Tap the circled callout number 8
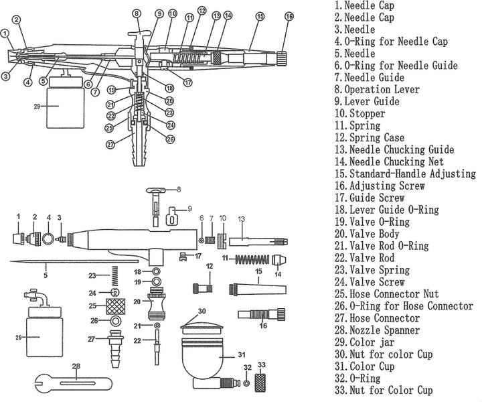point(137,13)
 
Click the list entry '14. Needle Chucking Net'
point(388,161)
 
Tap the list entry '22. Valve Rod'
point(366,258)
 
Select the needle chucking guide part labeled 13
point(258,240)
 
